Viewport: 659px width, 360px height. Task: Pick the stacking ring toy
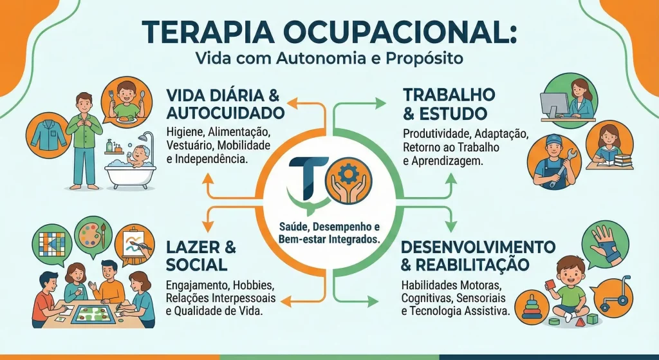[532, 303]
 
